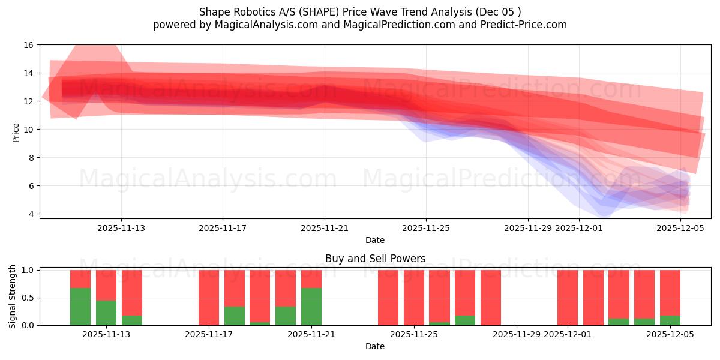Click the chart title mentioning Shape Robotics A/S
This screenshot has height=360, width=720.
tap(359, 12)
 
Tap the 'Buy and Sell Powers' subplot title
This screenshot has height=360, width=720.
tap(375, 259)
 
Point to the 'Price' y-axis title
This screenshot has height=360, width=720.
tap(16, 132)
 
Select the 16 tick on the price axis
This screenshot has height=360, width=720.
tap(29, 45)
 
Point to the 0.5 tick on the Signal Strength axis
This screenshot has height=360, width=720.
tap(27, 298)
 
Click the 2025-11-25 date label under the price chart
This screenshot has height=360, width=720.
tap(426, 228)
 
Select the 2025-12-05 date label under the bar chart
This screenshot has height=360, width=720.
tap(670, 335)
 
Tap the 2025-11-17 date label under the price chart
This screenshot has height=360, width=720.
tap(223, 228)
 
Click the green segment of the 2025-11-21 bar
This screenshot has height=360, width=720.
tap(311, 307)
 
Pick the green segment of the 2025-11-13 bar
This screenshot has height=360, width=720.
tap(106, 313)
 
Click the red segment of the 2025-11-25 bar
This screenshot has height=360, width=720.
tap(414, 298)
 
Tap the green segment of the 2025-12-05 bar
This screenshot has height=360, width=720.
tap(670, 320)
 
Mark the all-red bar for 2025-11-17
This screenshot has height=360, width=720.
tap(209, 298)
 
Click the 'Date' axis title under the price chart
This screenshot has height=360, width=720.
tap(375, 240)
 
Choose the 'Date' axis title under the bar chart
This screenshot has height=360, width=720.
tap(375, 346)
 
